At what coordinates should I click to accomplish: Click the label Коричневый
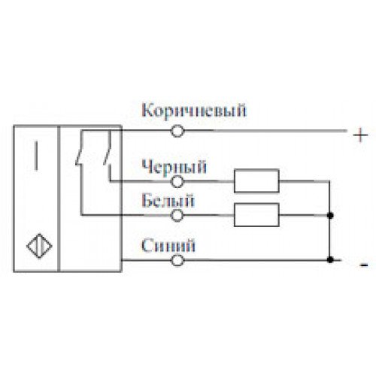coord(194,111)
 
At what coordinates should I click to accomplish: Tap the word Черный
coord(174,168)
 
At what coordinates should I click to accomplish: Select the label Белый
coord(168,201)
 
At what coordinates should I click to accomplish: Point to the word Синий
coord(168,246)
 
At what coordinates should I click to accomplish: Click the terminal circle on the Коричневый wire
coord(177,131)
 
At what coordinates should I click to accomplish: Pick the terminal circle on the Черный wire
coord(177,181)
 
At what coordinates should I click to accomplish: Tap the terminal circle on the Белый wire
coord(177,215)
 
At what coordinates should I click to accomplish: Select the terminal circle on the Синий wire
coord(177,260)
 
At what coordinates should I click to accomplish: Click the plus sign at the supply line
coord(360,135)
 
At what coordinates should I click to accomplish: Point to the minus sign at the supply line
coord(364,265)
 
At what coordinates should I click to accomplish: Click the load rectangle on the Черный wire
coord(256,181)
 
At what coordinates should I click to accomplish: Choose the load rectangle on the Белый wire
coord(256,215)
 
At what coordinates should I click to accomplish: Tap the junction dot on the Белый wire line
coord(331,215)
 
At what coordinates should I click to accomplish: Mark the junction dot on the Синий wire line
coord(331,260)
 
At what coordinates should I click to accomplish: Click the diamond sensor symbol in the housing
coord(39,246)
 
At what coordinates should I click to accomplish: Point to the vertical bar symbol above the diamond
coord(36,156)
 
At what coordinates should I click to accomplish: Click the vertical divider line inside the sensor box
coord(59,199)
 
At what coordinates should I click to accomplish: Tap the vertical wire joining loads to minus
coord(329,220)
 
